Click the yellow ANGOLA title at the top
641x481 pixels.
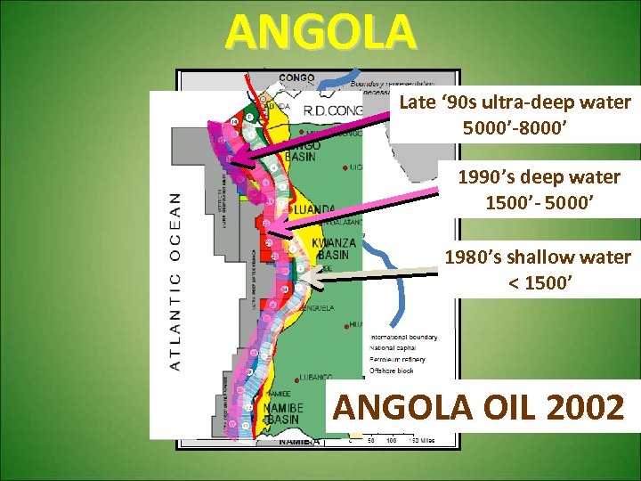[x=320, y=32]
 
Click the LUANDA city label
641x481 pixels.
[x=319, y=210]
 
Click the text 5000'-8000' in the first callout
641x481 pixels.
[x=515, y=126]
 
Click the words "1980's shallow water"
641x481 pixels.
[x=538, y=257]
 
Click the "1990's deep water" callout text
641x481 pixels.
[x=539, y=178]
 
